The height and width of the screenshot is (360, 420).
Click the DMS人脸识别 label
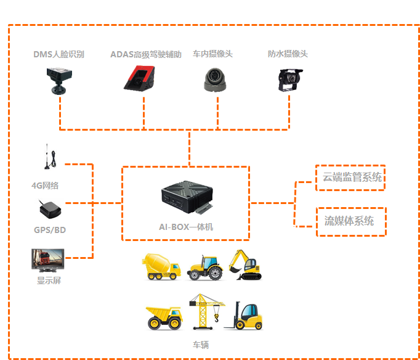click(x=59, y=54)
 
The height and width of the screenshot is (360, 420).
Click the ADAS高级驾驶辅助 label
click(x=146, y=54)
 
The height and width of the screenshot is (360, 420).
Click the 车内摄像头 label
click(x=213, y=54)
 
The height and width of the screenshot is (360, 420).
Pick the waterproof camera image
click(x=288, y=80)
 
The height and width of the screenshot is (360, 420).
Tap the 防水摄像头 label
click(x=288, y=54)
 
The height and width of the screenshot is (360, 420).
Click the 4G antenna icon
click(x=47, y=158)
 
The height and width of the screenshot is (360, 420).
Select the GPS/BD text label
click(x=50, y=230)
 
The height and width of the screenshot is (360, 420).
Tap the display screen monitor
click(x=48, y=260)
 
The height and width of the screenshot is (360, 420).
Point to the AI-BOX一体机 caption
click(x=186, y=227)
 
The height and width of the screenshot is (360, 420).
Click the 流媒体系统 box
click(x=350, y=221)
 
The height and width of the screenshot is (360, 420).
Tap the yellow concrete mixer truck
click(x=163, y=266)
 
